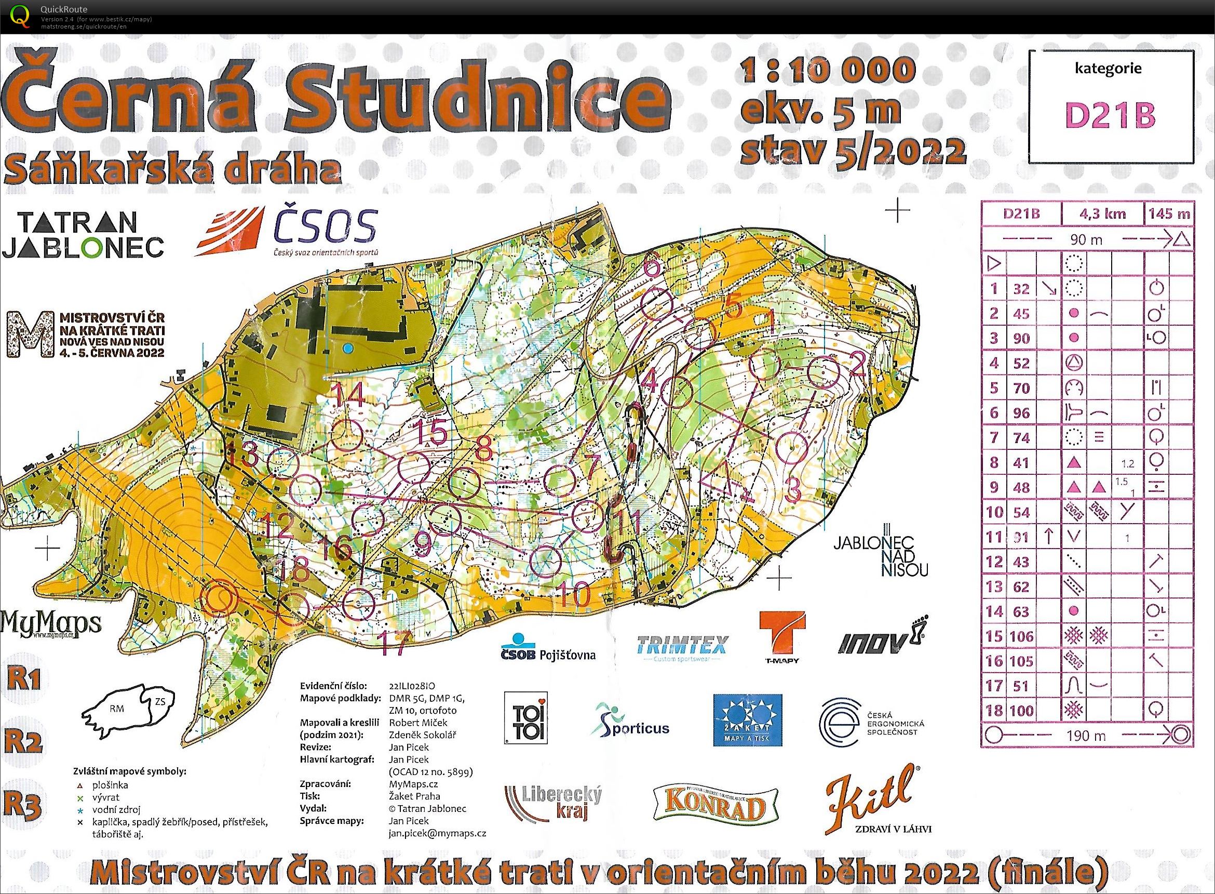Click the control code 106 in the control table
coord(1021,637)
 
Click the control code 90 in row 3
coord(1021,338)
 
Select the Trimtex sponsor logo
coord(682,647)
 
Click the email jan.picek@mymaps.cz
coord(437,833)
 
